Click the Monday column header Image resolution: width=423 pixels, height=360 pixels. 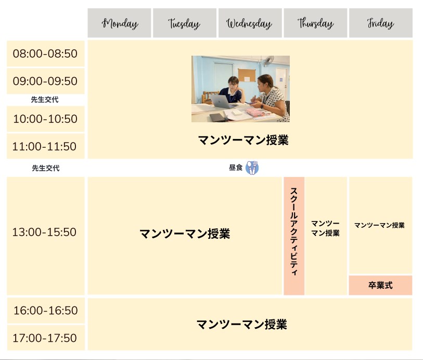coord(119,23)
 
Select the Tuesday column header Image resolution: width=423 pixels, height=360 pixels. coord(185,23)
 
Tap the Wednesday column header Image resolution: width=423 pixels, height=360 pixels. coord(250,23)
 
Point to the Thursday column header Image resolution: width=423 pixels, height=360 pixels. coord(315,23)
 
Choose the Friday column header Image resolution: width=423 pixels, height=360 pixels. coord(381,23)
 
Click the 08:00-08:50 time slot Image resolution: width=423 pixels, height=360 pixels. coord(46,54)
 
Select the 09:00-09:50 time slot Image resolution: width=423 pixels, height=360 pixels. coord(46,81)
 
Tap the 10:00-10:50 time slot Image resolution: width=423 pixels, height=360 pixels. coord(46,119)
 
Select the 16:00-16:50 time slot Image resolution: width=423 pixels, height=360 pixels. coord(46,311)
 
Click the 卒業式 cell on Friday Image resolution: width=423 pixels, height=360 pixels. coord(380,285)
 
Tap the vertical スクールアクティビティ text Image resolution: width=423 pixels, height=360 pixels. coord(294,231)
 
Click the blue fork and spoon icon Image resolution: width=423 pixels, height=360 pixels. coord(252,168)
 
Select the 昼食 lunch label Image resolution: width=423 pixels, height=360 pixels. coord(236,168)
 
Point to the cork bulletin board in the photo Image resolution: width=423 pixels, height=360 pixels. coord(247,75)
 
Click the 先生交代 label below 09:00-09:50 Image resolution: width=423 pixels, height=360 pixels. coord(45,100)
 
